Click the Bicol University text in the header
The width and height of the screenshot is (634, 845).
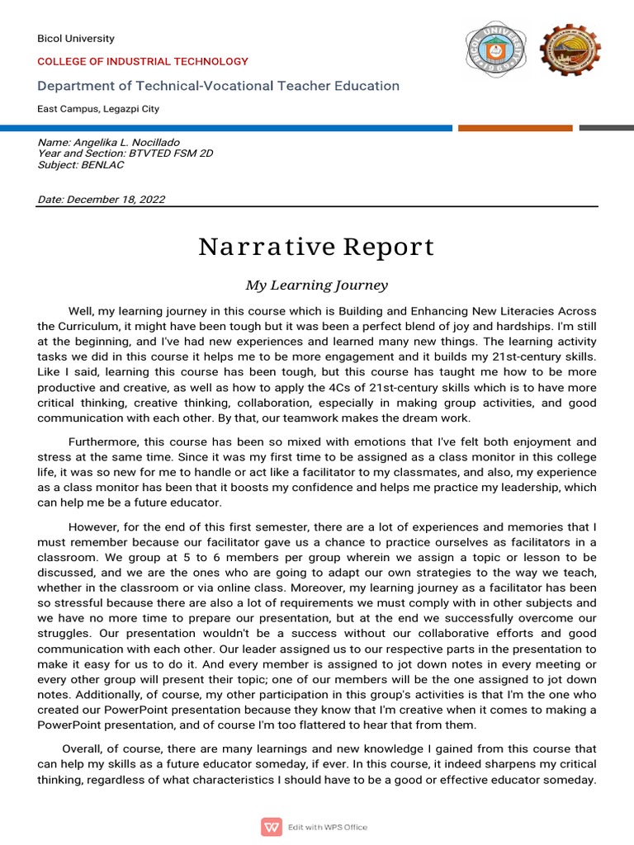point(76,39)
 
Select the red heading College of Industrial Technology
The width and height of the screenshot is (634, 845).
point(143,62)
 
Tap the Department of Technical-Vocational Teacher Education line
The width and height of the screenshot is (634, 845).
point(218,86)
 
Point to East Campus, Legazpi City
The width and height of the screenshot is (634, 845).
point(98,109)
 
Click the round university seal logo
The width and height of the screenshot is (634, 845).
point(495,51)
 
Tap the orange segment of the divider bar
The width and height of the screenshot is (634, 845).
point(515,128)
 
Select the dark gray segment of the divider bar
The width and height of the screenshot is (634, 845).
point(606,128)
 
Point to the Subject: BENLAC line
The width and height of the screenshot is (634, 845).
point(81,164)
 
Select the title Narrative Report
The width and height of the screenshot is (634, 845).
point(316,247)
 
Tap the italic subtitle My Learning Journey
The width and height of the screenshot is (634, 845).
point(316,286)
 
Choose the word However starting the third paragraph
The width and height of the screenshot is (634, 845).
point(93,526)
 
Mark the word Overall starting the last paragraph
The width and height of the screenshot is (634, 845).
point(85,748)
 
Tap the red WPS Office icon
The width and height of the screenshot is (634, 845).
point(271,826)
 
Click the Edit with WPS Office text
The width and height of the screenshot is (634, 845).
point(328,827)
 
